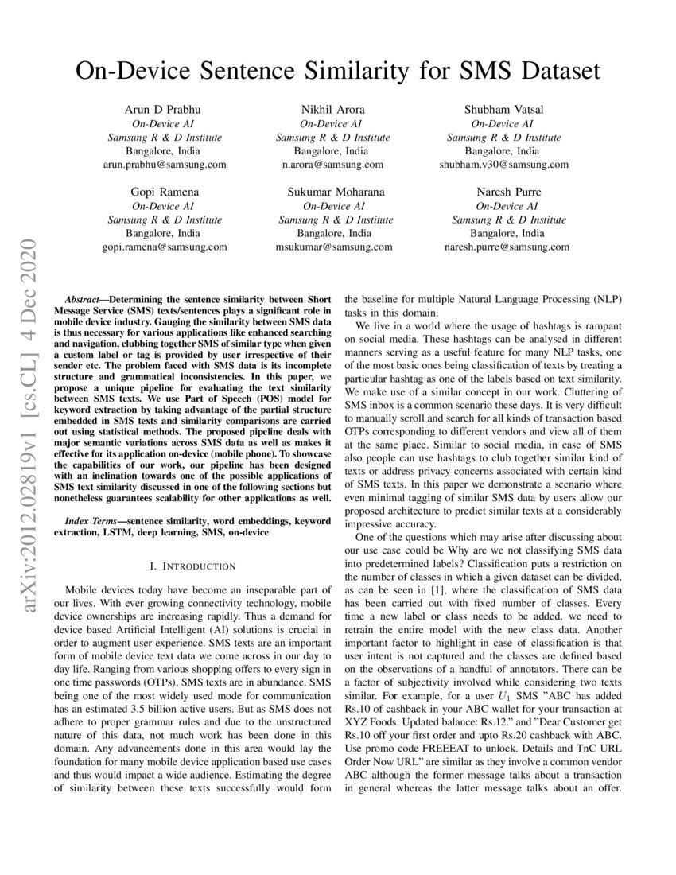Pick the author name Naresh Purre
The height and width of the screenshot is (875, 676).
[x=507, y=192]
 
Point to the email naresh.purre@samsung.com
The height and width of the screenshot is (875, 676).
[x=507, y=247]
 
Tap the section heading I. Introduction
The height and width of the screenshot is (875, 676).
[x=192, y=566]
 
